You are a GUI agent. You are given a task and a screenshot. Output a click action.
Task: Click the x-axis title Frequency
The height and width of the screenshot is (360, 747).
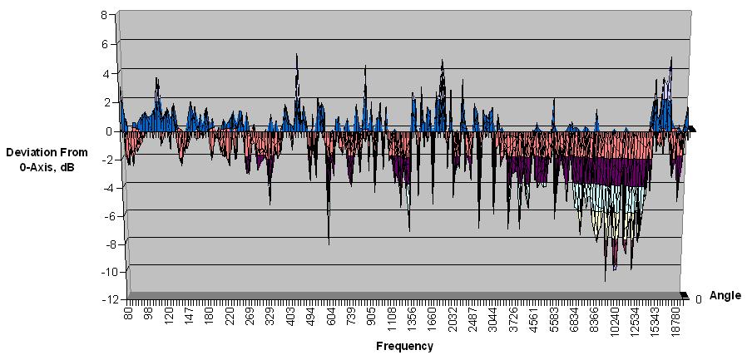tap(404, 346)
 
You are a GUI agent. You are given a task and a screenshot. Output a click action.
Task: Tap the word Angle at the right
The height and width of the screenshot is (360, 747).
tap(725, 295)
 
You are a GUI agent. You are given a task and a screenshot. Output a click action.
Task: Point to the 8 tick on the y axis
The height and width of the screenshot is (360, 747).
tap(104, 15)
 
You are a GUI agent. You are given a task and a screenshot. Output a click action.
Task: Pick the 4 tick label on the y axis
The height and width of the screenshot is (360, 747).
tap(104, 73)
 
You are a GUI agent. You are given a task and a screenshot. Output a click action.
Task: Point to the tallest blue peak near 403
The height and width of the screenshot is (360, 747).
tap(297, 55)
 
